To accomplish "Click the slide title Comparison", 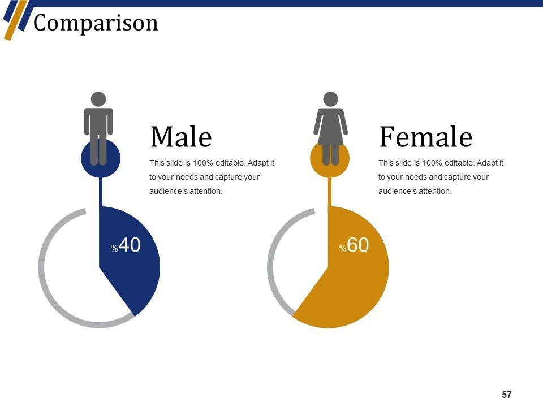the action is pyautogui.click(x=96, y=24).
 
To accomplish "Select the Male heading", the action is pyautogui.click(x=181, y=137).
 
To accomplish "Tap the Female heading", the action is pyautogui.click(x=426, y=137).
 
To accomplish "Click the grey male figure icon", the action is pyautogui.click(x=98, y=128).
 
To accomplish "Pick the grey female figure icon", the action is pyautogui.click(x=330, y=128).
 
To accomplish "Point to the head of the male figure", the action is pyautogui.click(x=98, y=99).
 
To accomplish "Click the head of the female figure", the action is pyautogui.click(x=330, y=99).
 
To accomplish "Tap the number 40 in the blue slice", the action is pyautogui.click(x=130, y=245).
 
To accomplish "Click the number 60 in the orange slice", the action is pyautogui.click(x=358, y=245).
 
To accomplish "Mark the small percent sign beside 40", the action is pyautogui.click(x=114, y=248).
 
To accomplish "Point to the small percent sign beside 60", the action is pyautogui.click(x=343, y=248).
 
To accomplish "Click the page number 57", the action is pyautogui.click(x=507, y=395).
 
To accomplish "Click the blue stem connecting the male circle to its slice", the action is pyautogui.click(x=101, y=192).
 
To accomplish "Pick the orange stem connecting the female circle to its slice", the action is pyautogui.click(x=330, y=192).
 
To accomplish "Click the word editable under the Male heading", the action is pyautogui.click(x=230, y=163).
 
